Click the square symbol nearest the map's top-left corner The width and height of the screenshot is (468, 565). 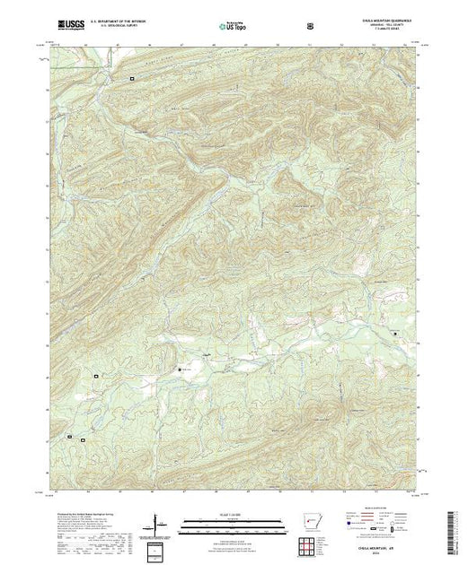[x=132, y=79]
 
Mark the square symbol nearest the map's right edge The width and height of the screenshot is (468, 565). [x=395, y=333]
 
